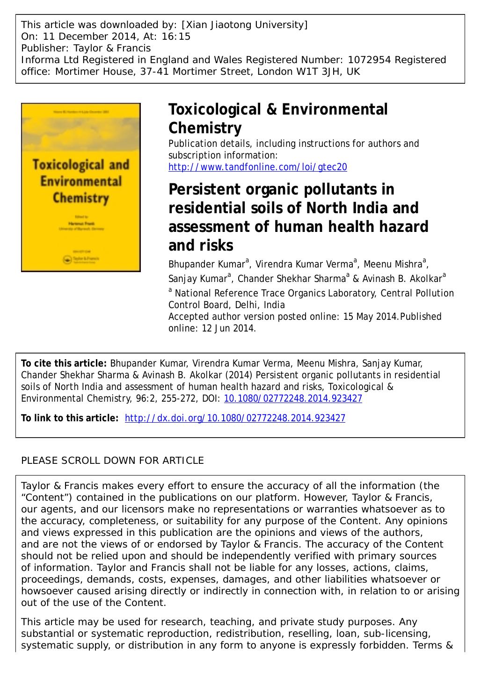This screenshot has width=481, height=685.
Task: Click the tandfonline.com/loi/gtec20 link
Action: pyautogui.click(x=257, y=167)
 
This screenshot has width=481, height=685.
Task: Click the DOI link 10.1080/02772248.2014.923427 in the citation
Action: pyautogui.click(x=293, y=398)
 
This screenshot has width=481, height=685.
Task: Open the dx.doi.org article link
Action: pyautogui.click(x=235, y=418)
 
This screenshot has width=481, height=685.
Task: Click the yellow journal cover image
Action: pyautogui.click(x=81, y=187)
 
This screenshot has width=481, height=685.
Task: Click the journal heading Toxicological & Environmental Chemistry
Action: pyautogui.click(x=278, y=118)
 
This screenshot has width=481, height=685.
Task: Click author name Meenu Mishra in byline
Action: pyautogui.click(x=393, y=264)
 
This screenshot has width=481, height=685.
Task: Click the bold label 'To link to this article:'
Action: pyautogui.click(x=70, y=418)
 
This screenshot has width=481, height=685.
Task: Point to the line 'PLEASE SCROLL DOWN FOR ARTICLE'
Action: pyautogui.click(x=113, y=461)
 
